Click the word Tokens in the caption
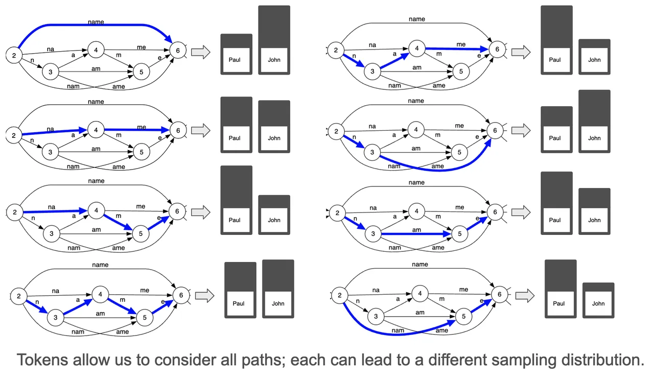tap(42, 360)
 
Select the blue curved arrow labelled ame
tap(438, 170)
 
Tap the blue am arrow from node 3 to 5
tap(416, 234)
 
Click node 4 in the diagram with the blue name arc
tap(96, 50)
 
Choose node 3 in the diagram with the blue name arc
tap(50, 72)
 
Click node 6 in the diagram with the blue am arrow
tap(495, 212)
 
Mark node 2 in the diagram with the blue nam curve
tap(340, 295)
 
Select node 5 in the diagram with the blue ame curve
tap(459, 152)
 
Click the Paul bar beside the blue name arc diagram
tap(236, 54)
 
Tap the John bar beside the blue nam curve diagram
tap(598, 300)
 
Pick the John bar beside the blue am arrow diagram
tap(594, 211)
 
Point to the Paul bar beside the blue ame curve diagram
tap(556, 130)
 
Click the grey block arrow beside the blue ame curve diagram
tap(521, 130)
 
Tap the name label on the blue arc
tap(96, 22)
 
